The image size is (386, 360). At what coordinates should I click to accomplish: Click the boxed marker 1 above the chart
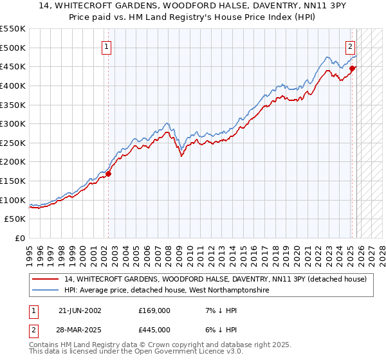click(x=106, y=46)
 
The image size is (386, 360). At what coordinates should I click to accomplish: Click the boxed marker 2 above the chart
click(x=351, y=46)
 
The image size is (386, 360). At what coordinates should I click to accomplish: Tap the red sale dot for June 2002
click(x=109, y=173)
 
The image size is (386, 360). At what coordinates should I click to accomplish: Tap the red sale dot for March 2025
click(x=353, y=68)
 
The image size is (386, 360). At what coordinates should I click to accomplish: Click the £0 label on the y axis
click(x=20, y=238)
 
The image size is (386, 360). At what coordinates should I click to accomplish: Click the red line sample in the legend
click(x=46, y=279)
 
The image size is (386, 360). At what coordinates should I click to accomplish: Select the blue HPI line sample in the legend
click(x=46, y=291)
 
